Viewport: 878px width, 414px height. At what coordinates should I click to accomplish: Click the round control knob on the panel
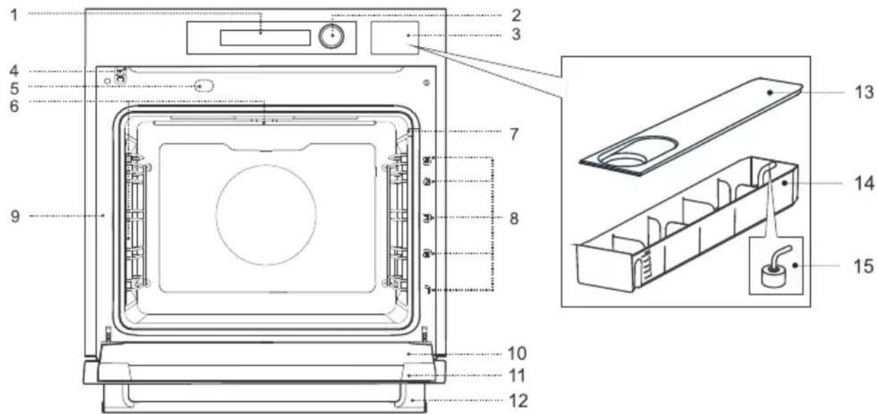pos(331,36)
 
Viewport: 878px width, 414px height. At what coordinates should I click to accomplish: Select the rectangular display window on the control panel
pos(265,38)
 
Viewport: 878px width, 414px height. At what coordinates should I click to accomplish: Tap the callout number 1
pos(14,15)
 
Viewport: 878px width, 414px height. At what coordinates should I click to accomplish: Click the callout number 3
pos(516,34)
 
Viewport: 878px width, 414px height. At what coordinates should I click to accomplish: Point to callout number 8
pos(514,218)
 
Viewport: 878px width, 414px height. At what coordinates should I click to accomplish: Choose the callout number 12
pos(518,401)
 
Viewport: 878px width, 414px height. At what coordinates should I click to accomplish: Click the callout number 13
pos(865,92)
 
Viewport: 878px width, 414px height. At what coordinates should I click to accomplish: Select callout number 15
pos(864,266)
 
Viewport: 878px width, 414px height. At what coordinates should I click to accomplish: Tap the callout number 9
pos(15,216)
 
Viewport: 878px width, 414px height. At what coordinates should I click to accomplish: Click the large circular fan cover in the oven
pos(266,215)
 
